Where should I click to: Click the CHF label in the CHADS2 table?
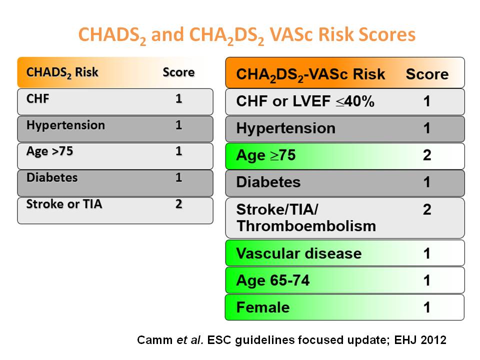37,99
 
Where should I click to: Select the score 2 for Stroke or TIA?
179,204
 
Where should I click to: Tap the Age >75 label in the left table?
49,151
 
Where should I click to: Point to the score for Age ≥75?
427,155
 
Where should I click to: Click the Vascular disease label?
299,253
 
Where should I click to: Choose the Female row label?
262,307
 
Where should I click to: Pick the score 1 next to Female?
427,307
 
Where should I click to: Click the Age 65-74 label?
273,280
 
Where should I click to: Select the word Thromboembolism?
306,226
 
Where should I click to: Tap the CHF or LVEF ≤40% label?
305,101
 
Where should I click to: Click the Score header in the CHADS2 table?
179,72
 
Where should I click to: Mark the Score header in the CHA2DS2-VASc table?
427,74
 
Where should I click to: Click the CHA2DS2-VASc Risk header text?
310,74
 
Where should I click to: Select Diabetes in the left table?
52,178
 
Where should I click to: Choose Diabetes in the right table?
268,182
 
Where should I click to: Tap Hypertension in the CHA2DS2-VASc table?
285,128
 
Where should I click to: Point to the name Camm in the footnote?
154,340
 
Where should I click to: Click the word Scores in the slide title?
387,34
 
